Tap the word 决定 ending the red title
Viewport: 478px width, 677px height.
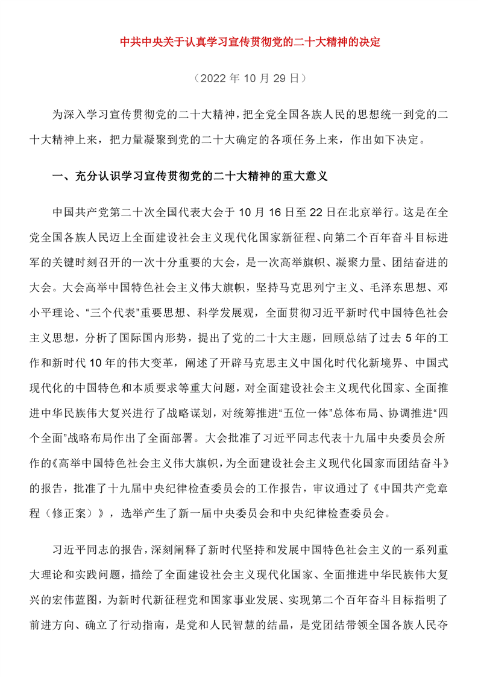pyautogui.click(x=370, y=43)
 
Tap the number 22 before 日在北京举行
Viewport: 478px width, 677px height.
pyautogui.click(x=316, y=212)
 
